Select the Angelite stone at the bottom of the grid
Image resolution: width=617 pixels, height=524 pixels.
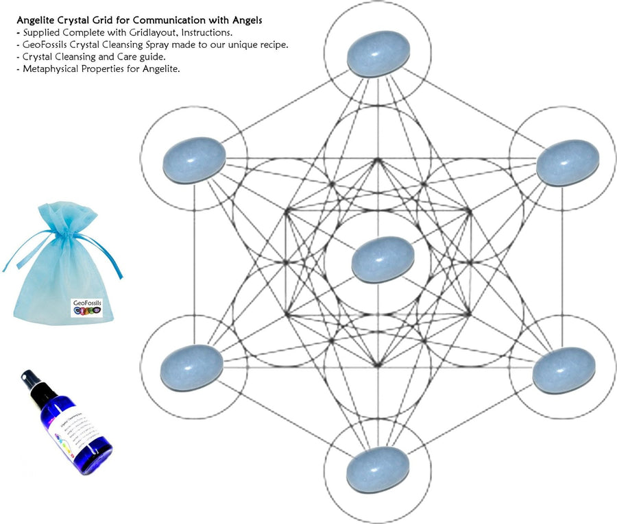coord(377,469)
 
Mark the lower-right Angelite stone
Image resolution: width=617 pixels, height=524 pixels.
coord(564,371)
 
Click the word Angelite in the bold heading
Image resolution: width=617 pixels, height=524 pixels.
coord(38,20)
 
